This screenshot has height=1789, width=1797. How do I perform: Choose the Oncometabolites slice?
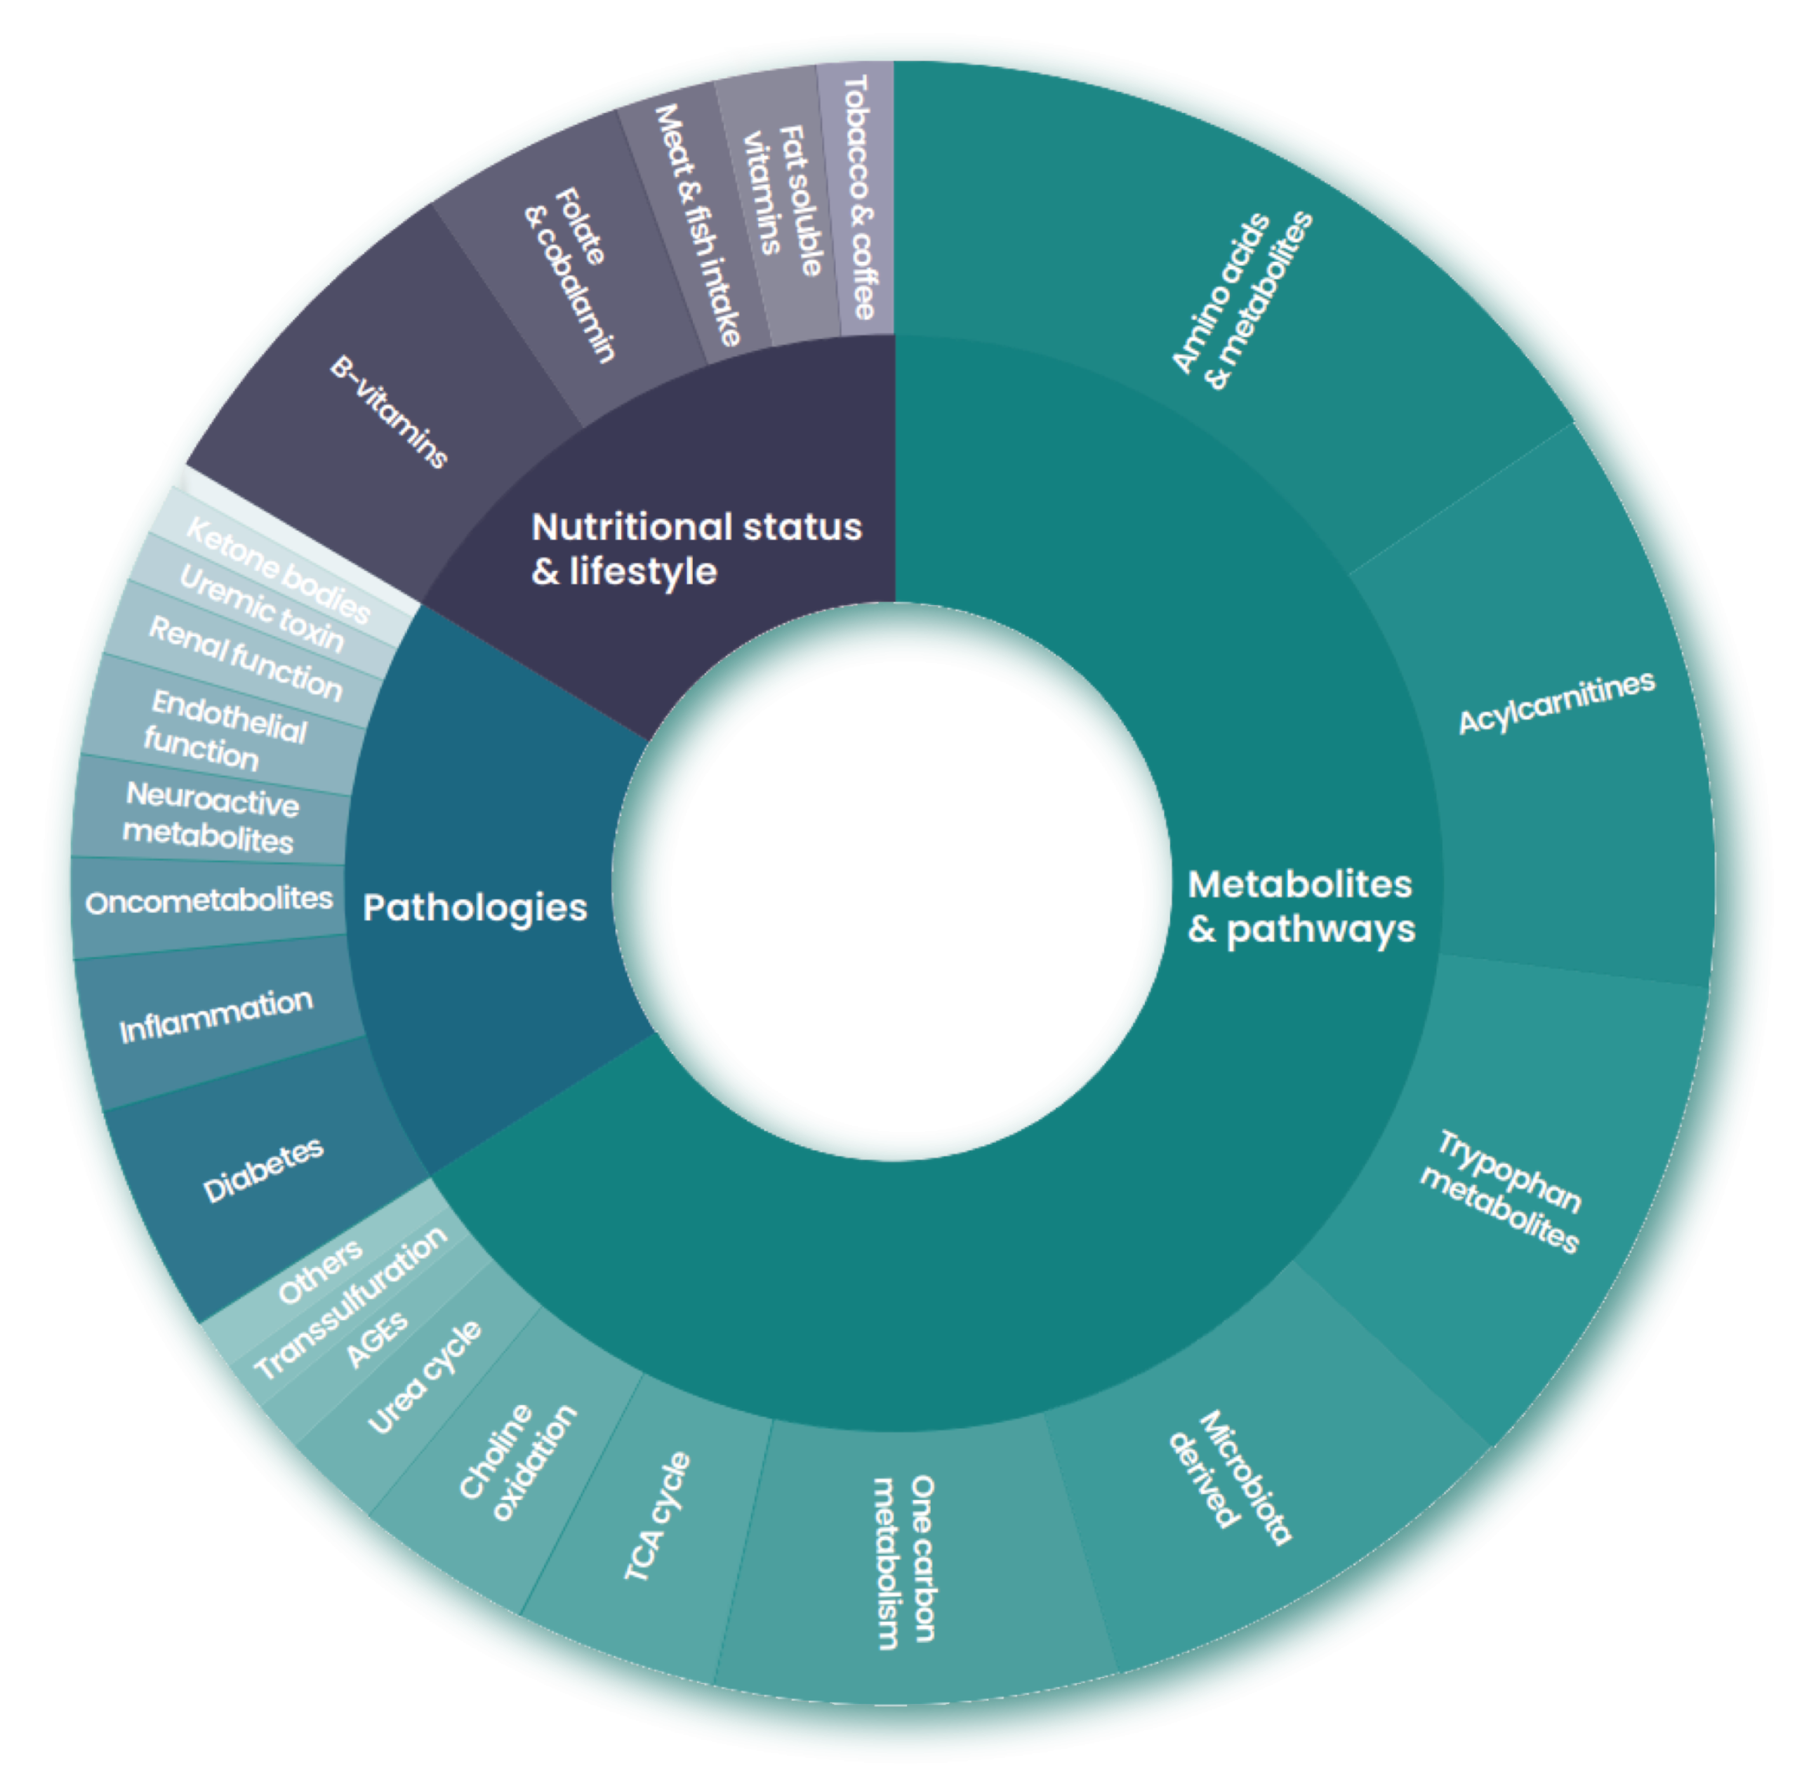(208, 901)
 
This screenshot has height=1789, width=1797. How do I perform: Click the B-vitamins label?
(389, 411)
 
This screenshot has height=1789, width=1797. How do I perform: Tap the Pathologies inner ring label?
(475, 907)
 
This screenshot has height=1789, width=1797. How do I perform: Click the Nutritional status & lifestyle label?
(696, 549)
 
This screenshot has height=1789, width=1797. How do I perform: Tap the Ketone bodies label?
(277, 569)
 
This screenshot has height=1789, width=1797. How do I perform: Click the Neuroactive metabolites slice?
(210, 817)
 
